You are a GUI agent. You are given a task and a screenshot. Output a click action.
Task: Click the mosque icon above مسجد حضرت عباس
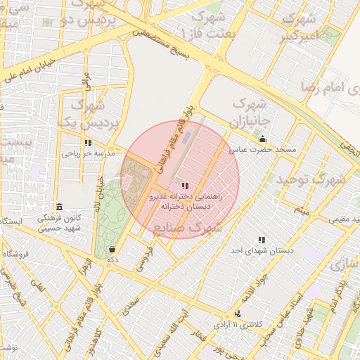click(x=262, y=139)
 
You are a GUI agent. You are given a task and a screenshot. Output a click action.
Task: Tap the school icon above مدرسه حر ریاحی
click(x=88, y=143)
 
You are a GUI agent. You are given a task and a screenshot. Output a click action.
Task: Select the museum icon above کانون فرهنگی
click(x=59, y=207)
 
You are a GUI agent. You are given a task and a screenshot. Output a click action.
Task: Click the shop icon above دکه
click(x=112, y=249)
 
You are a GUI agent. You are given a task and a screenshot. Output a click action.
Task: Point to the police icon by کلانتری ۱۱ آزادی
click(x=237, y=314)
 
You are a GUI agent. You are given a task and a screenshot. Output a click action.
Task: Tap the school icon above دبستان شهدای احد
click(x=262, y=240)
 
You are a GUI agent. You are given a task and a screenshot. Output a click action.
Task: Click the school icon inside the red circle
click(x=185, y=186)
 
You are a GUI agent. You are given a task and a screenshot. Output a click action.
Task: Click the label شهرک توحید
click(x=311, y=179)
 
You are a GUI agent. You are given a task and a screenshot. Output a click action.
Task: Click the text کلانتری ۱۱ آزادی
click(x=257, y=323)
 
